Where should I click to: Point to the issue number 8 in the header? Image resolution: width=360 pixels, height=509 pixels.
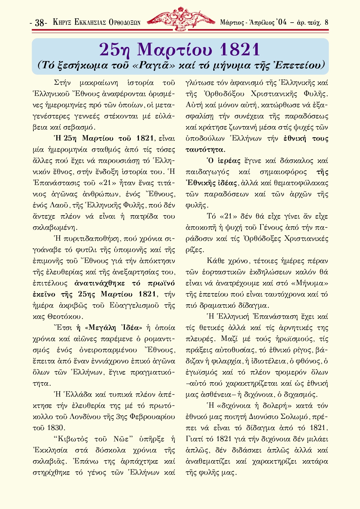click(x=326, y=22)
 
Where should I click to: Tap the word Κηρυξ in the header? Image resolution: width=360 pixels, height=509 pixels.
click(x=62, y=22)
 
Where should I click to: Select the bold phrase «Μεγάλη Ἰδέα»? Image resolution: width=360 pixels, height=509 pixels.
click(x=113, y=328)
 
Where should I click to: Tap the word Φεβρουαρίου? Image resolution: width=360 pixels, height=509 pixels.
click(x=153, y=417)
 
